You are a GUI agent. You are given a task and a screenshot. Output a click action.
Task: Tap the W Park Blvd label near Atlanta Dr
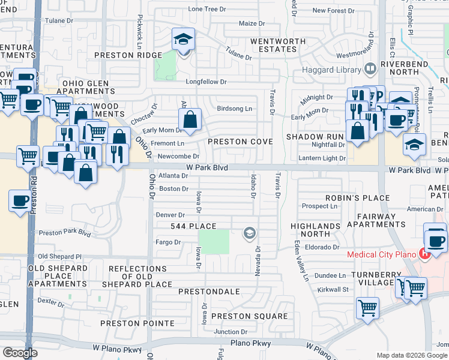point(206,168)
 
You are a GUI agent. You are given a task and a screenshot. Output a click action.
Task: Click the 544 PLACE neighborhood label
point(192,226)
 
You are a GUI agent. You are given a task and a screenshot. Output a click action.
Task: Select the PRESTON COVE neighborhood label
point(240,142)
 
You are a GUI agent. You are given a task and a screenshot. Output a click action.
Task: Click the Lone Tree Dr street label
point(207,9)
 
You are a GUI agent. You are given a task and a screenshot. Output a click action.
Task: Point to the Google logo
point(20,353)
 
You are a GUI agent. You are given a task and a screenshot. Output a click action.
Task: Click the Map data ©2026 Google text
point(411,355)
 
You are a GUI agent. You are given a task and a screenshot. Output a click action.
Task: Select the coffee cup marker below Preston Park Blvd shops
point(20,200)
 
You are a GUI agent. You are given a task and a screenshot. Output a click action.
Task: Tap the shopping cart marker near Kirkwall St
point(367,308)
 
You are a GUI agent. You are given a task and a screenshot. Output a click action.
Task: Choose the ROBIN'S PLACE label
point(349,197)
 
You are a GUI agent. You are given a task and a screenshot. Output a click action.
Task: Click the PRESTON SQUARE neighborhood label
point(249,316)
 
